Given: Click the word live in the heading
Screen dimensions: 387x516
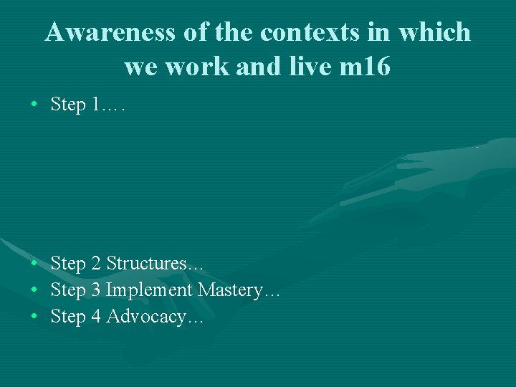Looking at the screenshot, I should coord(310,67).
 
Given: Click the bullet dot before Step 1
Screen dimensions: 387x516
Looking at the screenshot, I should coord(34,105).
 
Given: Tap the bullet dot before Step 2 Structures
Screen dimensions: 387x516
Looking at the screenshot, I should coord(34,264).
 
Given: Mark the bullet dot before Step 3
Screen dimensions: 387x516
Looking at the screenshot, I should coord(34,290).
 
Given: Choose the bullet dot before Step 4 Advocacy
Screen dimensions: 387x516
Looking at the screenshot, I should coord(34,317).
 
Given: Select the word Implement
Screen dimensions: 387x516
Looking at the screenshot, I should coord(149,290).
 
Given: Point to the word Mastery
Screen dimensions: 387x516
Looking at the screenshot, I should coord(234,290).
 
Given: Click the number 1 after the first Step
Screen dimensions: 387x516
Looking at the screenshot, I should coord(96,105).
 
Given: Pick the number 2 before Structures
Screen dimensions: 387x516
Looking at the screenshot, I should coord(96,264).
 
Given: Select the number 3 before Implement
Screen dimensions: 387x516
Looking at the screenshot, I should coord(96,290).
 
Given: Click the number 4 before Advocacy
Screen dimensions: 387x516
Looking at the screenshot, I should coord(96,317).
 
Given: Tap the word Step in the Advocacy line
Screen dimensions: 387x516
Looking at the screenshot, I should coord(68,317).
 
